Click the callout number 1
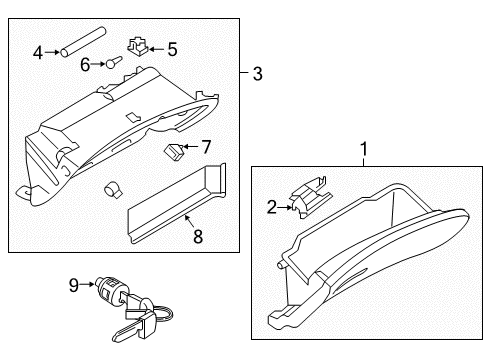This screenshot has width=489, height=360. [364, 149]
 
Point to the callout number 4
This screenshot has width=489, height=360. [37, 52]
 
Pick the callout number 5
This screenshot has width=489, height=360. [171, 47]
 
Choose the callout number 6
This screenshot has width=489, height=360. [86, 65]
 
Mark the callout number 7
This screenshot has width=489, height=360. [206, 147]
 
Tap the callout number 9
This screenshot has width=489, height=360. [74, 286]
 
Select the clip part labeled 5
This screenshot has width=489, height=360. [139, 46]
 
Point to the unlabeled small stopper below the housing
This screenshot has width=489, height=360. [113, 188]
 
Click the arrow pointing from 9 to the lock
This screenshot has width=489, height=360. [87, 286]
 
